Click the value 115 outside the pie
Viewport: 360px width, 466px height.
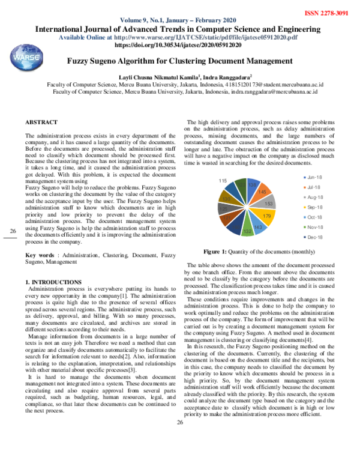tap(222, 181)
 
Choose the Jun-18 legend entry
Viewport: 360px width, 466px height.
tap(316, 177)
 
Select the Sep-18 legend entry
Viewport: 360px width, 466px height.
tap(316, 207)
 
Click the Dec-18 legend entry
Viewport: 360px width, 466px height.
tap(316, 238)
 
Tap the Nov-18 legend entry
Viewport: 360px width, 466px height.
tap(316, 227)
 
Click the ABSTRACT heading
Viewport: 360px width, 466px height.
tap(41, 122)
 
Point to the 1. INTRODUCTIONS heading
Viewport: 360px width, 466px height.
tap(53, 282)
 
